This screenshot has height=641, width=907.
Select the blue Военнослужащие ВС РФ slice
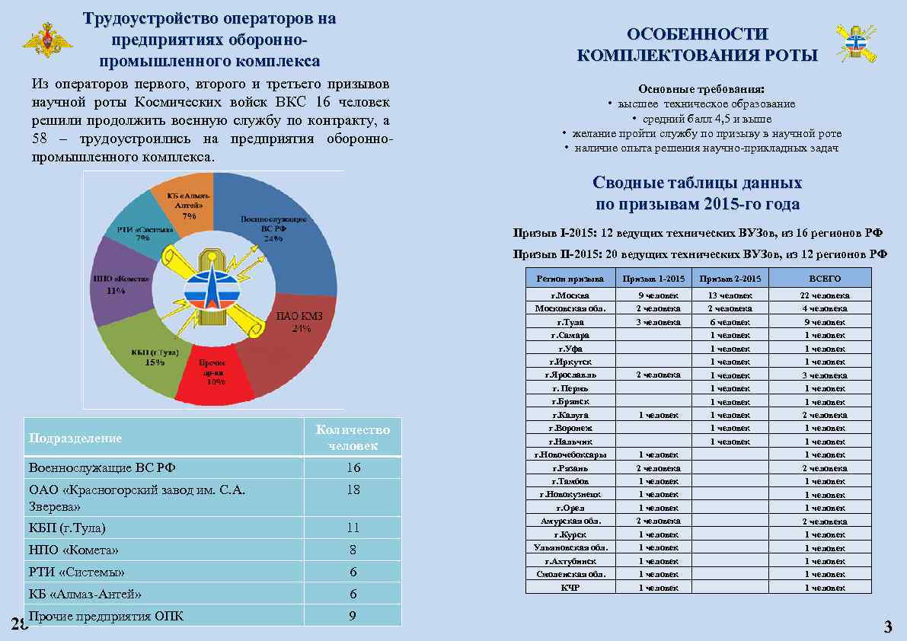pyautogui.click(x=282, y=228)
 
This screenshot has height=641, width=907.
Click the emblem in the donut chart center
pyautogui.click(x=213, y=285)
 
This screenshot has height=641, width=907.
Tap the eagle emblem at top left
pyautogui.click(x=48, y=41)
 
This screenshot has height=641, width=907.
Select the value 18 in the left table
pyautogui.click(x=353, y=490)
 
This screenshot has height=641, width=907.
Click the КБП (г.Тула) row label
pyautogui.click(x=67, y=528)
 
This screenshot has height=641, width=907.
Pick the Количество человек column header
pyautogui.click(x=353, y=438)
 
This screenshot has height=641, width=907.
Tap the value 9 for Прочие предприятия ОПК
pyautogui.click(x=353, y=616)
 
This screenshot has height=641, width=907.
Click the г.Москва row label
pyautogui.click(x=570, y=295)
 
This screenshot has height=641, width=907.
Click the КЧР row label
pyautogui.click(x=570, y=588)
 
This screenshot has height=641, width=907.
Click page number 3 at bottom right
pyautogui.click(x=887, y=627)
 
